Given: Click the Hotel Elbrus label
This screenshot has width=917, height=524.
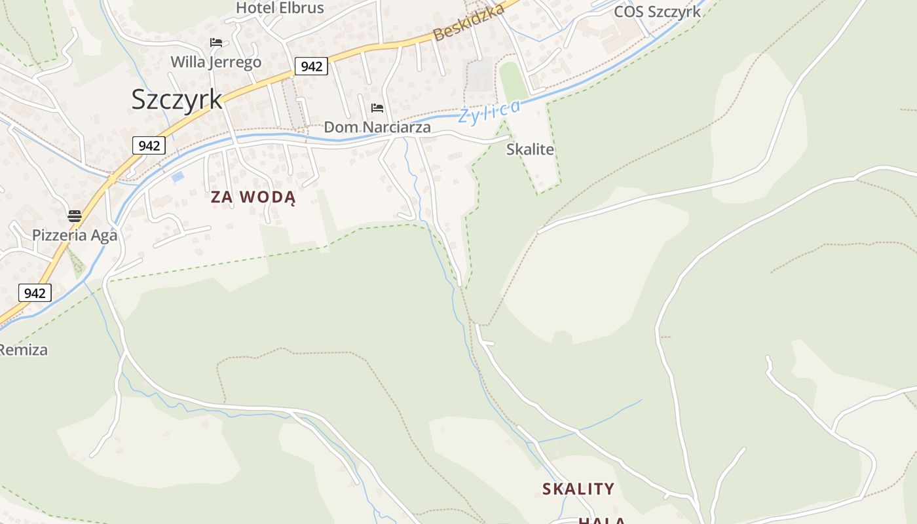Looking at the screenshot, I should (280, 8).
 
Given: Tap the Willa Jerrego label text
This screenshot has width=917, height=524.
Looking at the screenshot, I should (215, 62).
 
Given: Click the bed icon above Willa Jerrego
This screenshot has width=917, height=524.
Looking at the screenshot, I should (216, 43).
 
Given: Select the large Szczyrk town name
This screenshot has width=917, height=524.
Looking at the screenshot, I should (177, 99).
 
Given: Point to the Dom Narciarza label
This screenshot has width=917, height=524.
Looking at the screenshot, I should (377, 127).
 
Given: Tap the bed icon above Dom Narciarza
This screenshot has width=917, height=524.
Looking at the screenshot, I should (377, 107).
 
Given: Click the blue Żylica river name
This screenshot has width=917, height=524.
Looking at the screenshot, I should (490, 111).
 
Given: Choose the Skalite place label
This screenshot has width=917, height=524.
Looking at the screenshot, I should (530, 149).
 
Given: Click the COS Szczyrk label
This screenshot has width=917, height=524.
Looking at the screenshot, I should (657, 12).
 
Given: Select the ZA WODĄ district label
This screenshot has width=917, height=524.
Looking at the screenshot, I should (253, 197).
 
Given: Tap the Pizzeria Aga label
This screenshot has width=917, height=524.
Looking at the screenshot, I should (75, 235).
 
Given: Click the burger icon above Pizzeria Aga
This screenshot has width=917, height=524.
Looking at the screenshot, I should (75, 215).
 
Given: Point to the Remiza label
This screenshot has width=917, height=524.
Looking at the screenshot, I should (24, 350).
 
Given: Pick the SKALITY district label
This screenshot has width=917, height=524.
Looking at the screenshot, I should (578, 489).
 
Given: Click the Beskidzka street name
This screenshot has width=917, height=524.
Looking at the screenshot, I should (469, 22).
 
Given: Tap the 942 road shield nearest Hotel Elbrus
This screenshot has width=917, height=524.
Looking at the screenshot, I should (311, 66).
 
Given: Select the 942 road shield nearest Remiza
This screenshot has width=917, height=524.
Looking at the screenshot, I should (35, 293).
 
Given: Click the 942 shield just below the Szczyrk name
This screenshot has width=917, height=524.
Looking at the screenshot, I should (149, 145).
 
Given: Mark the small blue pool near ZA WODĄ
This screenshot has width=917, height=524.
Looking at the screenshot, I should (177, 177).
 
